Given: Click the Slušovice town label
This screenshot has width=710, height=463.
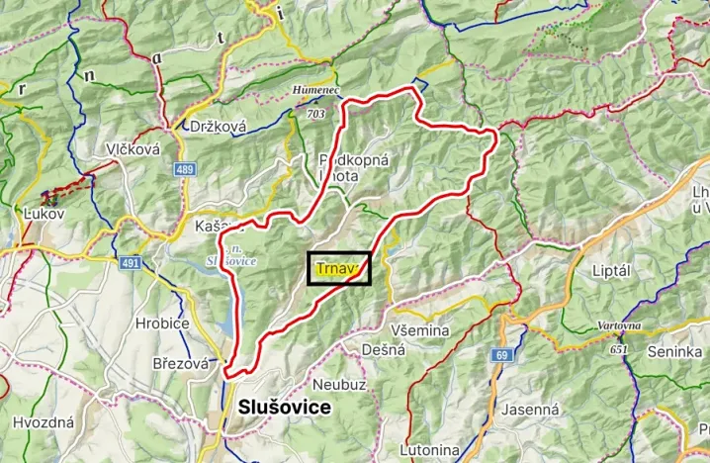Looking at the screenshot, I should point(284,408).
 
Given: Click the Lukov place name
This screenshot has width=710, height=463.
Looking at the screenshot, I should point(43,214).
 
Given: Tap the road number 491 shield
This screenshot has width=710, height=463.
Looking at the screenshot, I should point(131,263).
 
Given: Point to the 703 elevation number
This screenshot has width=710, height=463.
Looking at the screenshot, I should point(316,115).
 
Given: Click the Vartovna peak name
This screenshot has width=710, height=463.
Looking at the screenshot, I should point(619,325).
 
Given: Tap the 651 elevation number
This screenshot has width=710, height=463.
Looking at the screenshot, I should point(619,349).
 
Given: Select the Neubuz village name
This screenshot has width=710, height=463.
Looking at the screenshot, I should point(339,383).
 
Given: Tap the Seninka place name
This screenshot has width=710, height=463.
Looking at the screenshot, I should point(674,351).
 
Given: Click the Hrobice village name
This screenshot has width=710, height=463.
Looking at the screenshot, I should point(162,323).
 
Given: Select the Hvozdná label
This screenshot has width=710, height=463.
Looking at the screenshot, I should point(44,422).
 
